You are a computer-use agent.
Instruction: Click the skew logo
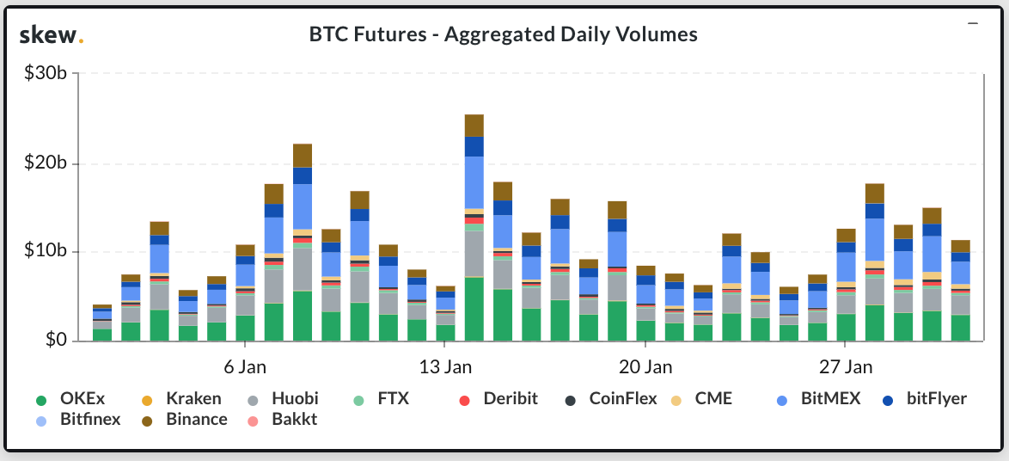point(51,35)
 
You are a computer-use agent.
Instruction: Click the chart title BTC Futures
point(503,34)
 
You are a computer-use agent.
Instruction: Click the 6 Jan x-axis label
point(245,367)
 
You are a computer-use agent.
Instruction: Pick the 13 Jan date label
point(445,367)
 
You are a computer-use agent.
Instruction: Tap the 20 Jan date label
point(645,367)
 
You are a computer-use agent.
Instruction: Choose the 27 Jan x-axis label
point(845,367)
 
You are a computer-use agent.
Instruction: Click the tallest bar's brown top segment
point(474,126)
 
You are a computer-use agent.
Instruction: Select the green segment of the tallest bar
point(474,310)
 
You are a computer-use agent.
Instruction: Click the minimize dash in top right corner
point(972,23)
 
